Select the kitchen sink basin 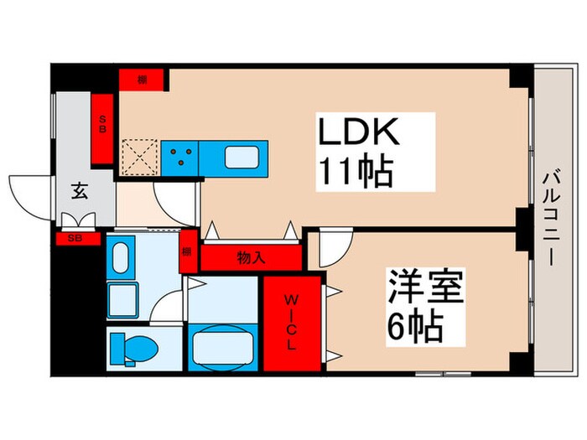pos(243,157)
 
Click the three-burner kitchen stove pos(180,157)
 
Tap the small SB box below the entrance pos(75,238)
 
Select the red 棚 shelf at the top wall pos(143,80)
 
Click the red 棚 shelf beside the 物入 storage pos(188,251)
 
